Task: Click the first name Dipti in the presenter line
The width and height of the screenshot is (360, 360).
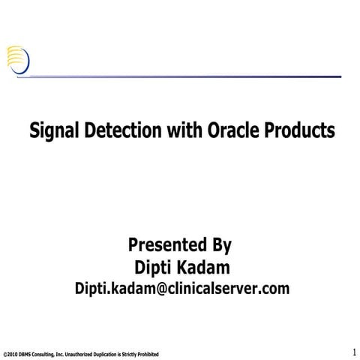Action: pos(152,266)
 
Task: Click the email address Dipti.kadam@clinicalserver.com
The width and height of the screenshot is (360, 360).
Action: pos(181,289)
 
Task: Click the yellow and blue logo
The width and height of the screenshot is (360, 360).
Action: pos(19,58)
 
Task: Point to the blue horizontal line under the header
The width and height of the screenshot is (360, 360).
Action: pos(187,76)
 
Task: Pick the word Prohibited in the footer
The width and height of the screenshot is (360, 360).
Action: pos(146,353)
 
